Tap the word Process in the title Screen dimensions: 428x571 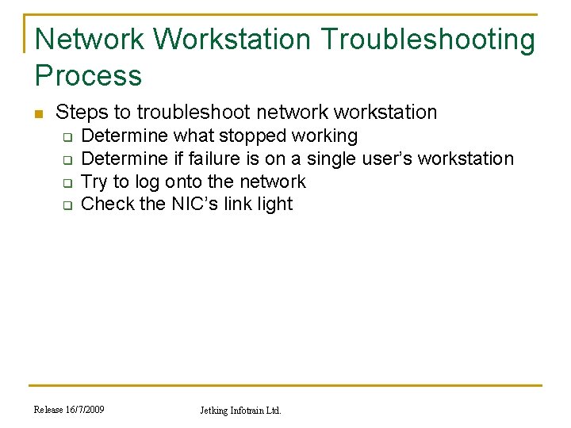[x=88, y=75]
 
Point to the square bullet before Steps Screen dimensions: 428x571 [x=39, y=113]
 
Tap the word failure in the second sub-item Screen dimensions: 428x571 [x=211, y=159]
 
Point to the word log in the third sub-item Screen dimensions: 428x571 [x=148, y=182]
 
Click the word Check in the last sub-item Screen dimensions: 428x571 [x=108, y=204]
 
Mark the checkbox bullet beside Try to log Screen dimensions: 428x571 [x=67, y=182]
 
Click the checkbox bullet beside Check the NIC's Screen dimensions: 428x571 [x=67, y=204]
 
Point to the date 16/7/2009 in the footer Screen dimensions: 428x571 [x=83, y=409]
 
